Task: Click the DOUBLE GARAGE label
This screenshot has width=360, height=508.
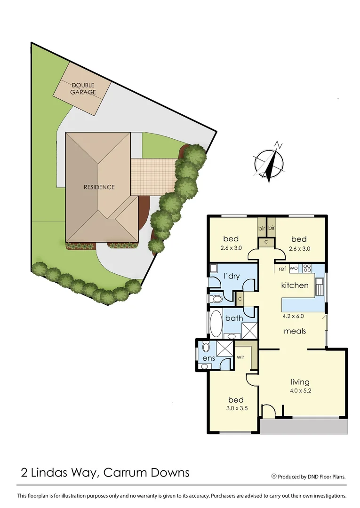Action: (83, 88)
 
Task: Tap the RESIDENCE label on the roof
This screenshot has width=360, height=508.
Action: (99, 187)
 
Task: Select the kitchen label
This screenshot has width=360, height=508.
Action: (295, 286)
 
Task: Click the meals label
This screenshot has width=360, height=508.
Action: (295, 331)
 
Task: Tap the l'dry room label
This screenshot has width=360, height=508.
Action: (232, 276)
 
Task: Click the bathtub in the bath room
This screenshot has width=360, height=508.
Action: (216, 324)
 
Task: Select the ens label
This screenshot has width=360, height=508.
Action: (208, 359)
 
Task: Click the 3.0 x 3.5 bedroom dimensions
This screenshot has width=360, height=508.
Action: (235, 409)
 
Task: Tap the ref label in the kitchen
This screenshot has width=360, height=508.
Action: (282, 269)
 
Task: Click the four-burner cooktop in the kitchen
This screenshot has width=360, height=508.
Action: (307, 269)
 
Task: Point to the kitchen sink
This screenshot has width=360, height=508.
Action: (320, 285)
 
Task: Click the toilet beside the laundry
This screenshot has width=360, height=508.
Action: (217, 298)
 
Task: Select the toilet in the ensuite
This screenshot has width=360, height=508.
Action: (206, 348)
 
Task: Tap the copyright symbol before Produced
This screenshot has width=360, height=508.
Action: (274, 476)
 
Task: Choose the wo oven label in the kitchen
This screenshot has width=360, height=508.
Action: (293, 269)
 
